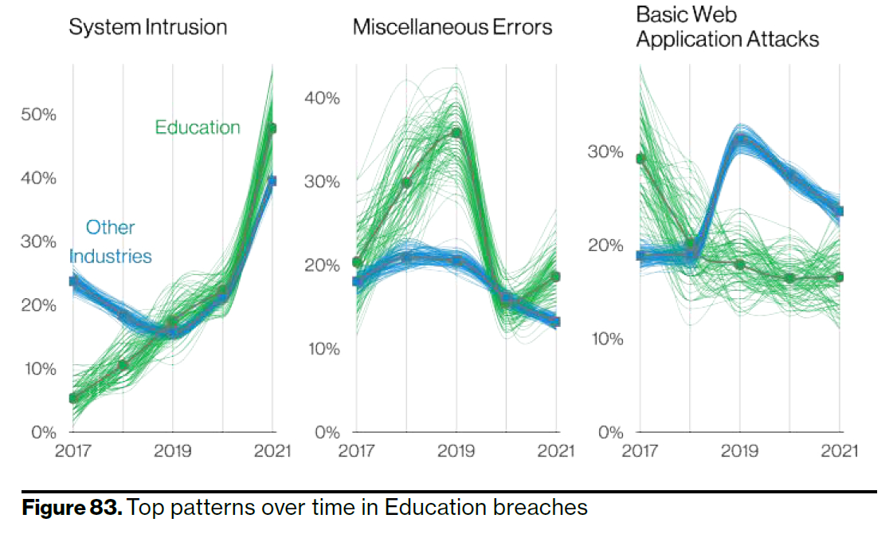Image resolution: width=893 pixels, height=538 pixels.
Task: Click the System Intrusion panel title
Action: click(x=147, y=27)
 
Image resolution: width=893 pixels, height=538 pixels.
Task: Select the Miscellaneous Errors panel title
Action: click(x=452, y=27)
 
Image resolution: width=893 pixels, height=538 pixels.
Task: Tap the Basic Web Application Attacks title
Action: click(x=727, y=26)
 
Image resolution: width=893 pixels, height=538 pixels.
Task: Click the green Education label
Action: click(x=198, y=128)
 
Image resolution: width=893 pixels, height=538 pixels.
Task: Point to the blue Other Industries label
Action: click(x=110, y=242)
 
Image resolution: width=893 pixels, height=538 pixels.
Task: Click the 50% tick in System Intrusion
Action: click(x=38, y=114)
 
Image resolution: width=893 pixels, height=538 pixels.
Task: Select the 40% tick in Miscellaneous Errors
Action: click(x=322, y=99)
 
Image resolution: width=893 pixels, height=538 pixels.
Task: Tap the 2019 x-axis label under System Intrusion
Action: click(x=173, y=451)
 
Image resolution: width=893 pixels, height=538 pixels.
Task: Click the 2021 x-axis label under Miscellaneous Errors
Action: click(x=555, y=451)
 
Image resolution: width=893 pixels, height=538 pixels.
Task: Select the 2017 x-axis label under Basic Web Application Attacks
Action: click(x=640, y=451)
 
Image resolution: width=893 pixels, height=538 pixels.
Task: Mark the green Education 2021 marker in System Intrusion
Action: click(x=272, y=128)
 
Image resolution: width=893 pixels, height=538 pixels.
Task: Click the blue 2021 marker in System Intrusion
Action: click(x=272, y=181)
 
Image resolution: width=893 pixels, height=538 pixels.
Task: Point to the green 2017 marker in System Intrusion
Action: click(x=73, y=398)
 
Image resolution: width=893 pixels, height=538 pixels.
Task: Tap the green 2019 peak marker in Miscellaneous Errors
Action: click(x=456, y=132)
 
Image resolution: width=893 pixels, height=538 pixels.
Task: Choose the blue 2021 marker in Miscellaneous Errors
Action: click(x=556, y=322)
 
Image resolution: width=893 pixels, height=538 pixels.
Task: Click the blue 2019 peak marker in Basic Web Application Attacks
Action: click(x=740, y=139)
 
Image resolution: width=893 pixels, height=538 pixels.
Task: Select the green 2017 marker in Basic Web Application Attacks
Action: click(x=640, y=159)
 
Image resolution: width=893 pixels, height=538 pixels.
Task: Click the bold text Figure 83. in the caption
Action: click(x=72, y=507)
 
